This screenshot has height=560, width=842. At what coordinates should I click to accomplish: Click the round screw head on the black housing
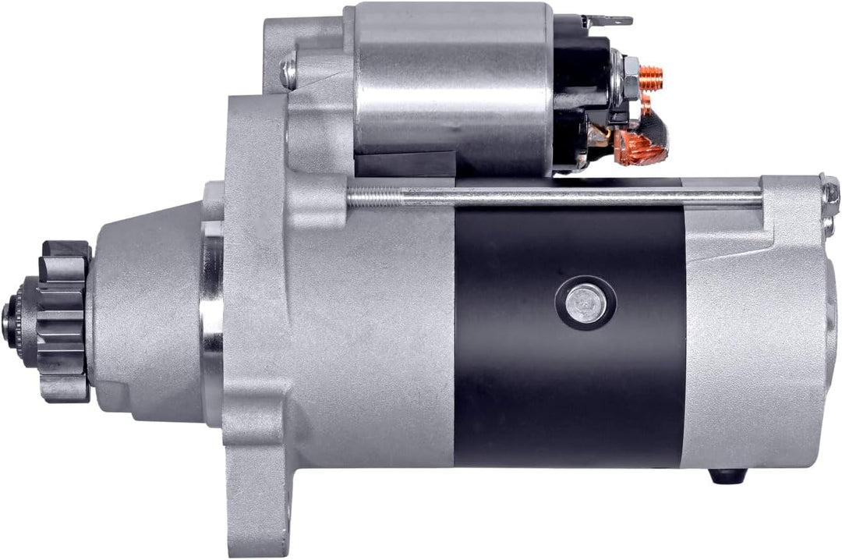[586, 303]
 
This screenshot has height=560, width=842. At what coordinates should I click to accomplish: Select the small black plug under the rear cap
[728, 474]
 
